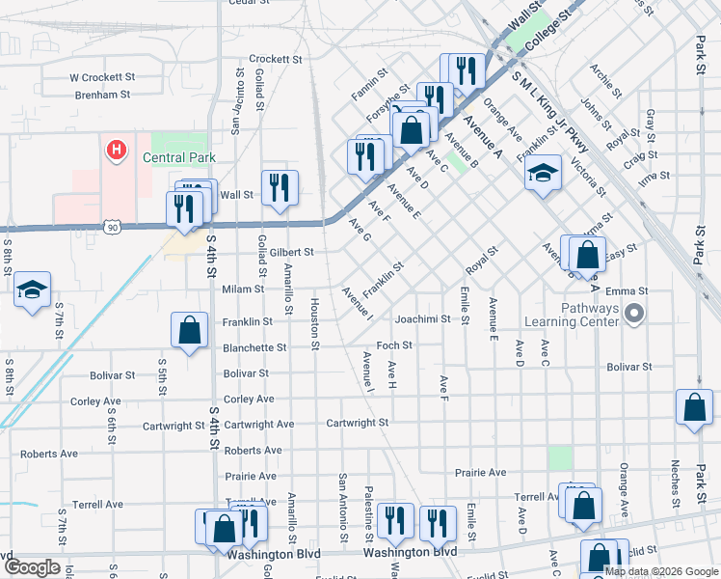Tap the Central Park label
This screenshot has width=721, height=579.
click(177, 157)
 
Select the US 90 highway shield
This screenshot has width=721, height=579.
click(112, 227)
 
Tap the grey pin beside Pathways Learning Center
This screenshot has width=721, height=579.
click(633, 313)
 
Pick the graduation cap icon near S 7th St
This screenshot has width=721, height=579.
click(33, 289)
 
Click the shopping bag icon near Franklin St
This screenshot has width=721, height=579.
click(190, 329)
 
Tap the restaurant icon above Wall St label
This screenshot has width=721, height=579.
click(280, 187)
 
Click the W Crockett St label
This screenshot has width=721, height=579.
click(101, 77)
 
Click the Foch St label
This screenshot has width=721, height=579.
click(394, 345)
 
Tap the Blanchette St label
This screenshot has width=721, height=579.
click(254, 347)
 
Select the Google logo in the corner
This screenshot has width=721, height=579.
click(32, 567)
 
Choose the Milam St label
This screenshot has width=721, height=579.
click(243, 289)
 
